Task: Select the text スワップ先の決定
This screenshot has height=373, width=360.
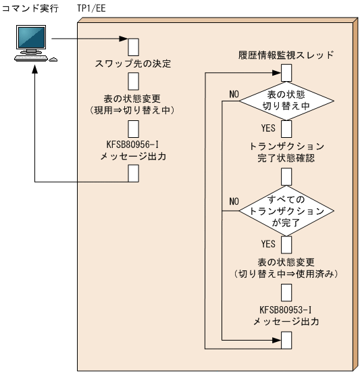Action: (132, 65)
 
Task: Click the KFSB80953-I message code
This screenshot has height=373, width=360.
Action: (286, 309)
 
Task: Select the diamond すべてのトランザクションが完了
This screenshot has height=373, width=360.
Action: (286, 211)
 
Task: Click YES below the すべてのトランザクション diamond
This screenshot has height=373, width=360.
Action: (267, 242)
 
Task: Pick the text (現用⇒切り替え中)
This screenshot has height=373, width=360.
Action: (133, 109)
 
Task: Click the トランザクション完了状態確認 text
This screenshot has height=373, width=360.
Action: (286, 152)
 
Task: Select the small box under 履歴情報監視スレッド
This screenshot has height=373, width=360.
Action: (286, 70)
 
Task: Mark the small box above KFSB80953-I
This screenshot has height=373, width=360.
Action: (286, 292)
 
